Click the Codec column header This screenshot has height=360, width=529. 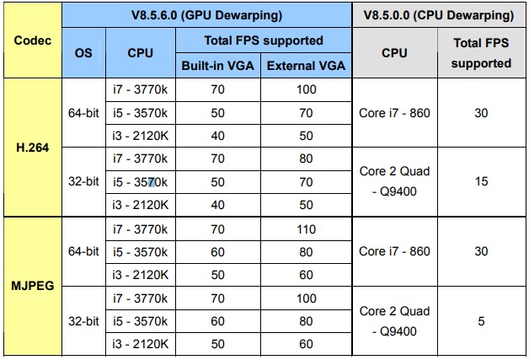pos(33,40)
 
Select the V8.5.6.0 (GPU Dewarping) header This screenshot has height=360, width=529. pos(206,15)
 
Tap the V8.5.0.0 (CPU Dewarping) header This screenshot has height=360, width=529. pos(439,15)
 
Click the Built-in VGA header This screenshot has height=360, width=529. pos(217,66)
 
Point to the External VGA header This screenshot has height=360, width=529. pos(306,66)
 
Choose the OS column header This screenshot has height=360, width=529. pos(83,53)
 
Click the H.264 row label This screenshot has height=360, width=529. pos(32,148)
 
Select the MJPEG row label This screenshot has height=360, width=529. pos(32,286)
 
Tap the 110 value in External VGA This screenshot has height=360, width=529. pos(306,229)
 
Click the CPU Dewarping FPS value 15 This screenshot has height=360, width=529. pos(482,181)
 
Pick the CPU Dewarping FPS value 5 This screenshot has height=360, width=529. pos(482,321)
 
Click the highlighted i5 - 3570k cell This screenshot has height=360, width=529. pos(140,182)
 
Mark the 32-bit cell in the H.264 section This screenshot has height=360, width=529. pos(83,181)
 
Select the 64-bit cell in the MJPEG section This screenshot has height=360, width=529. pos(83,251)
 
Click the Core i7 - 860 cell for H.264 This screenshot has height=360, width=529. pos(394,113)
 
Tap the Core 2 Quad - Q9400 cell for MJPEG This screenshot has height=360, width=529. pos(394,321)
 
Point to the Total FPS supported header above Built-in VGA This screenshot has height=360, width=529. pos(264,40)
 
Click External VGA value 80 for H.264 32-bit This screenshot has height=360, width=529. pos(306,159)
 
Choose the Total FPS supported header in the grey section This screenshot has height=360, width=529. pos(482,53)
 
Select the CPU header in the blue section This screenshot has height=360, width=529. pos(140,53)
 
